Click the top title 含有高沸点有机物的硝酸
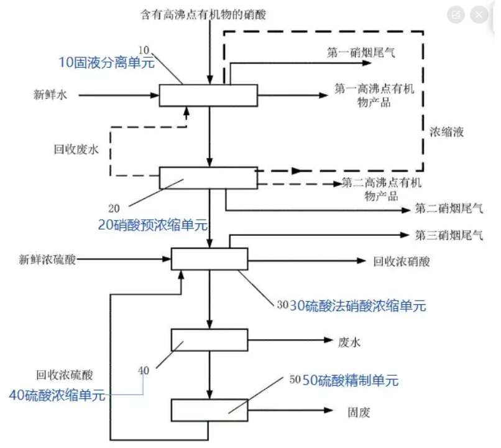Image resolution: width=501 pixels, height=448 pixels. pos(203,15)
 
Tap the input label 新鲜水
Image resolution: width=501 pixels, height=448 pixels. pos(50,95)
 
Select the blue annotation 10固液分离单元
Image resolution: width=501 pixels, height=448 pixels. pos(107,62)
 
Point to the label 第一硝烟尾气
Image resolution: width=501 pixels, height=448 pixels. pos(361,52)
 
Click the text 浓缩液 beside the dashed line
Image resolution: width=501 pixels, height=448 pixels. pos(446,132)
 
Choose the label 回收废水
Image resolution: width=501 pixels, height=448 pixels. pos(76,149)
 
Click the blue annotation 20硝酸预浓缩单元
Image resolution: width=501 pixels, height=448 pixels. pos(153,225)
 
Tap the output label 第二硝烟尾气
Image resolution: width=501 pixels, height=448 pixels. pos(449,209)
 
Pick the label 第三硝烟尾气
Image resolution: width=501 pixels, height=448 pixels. pos(449,235)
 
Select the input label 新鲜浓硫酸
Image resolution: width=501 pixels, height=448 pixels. pos(47,259)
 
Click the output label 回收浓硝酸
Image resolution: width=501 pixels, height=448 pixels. pos(402,261)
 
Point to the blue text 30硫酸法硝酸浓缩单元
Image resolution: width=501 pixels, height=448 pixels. pos(357,306)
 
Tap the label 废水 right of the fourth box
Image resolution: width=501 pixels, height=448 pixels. pos(349,342)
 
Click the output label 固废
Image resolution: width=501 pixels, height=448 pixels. pos(359,413)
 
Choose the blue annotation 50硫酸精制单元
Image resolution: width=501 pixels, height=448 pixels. pos(351,380)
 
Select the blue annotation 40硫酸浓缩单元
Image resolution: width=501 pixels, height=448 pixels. pos(57,395)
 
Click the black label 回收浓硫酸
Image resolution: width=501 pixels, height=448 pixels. pos(65,375)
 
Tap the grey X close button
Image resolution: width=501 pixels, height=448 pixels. pos(479,14)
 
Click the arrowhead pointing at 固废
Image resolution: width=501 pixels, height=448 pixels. pos(328,410)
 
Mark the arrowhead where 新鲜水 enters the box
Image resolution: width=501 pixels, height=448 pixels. pos(155,95)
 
